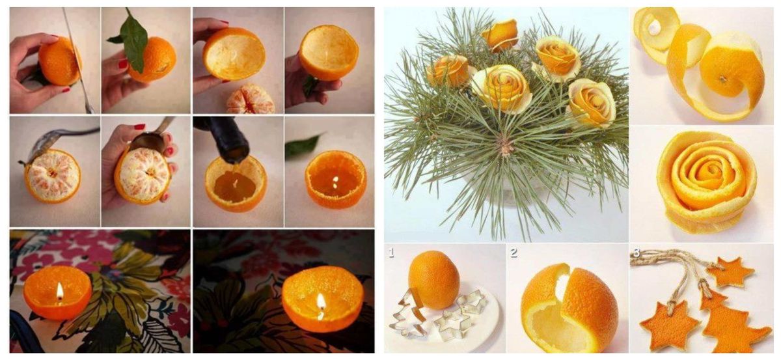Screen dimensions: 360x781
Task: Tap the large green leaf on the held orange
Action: [135, 42]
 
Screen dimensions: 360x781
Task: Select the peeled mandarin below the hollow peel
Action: [251, 99]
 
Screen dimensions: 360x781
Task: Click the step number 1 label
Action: [391, 251]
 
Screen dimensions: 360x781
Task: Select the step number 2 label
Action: [514, 252]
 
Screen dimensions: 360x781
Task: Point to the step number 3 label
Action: [636, 251]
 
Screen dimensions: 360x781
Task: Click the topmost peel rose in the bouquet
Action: [500, 34]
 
